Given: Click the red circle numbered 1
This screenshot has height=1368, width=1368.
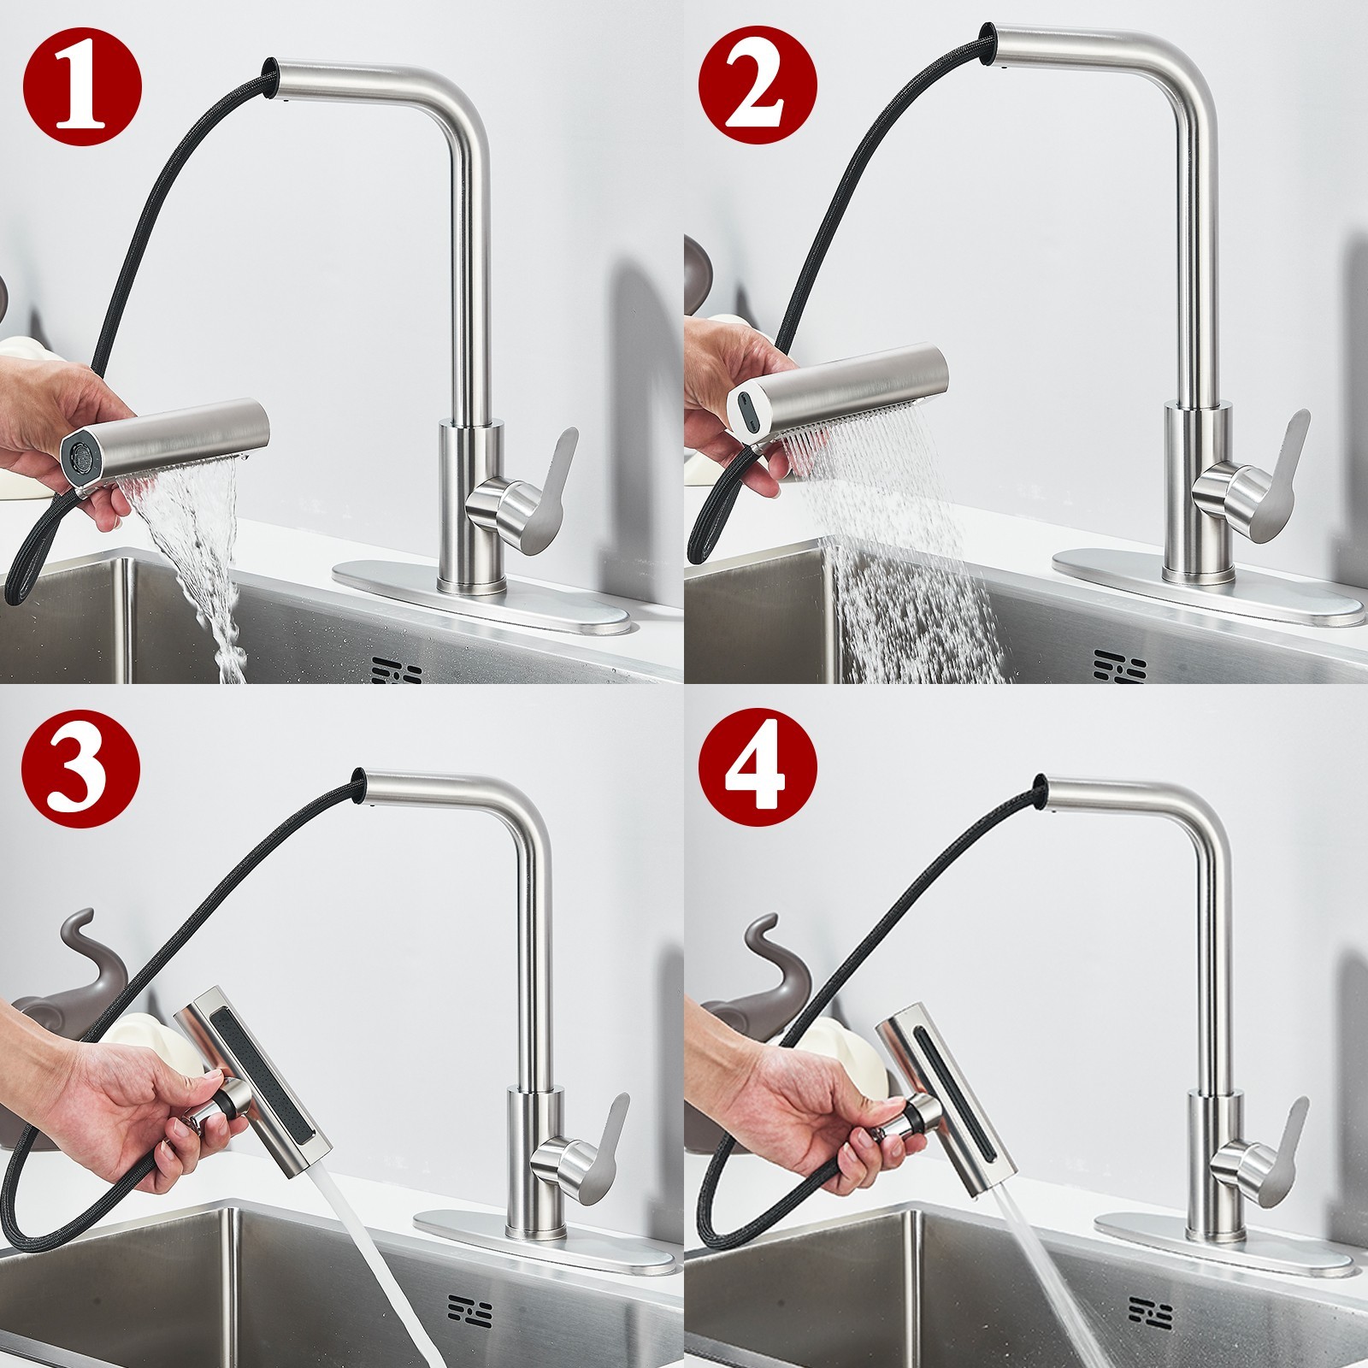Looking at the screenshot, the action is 82,82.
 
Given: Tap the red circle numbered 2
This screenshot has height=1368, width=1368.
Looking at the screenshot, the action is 758,82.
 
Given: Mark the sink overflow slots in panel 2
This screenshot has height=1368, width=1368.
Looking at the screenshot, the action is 1121,667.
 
